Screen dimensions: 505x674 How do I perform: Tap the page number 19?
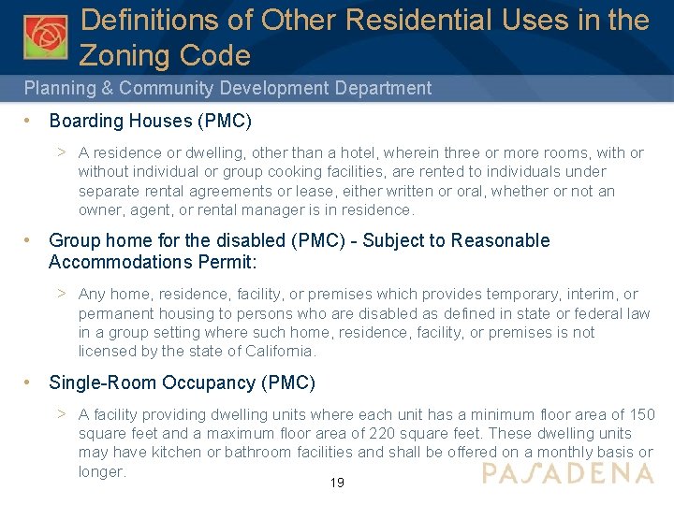[337, 483]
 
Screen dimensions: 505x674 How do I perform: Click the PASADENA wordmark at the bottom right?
[567, 473]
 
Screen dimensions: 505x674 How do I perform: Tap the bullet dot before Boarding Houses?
[30, 121]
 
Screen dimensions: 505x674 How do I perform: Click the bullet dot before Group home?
[30, 240]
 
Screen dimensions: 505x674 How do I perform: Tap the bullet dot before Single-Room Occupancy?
[30, 382]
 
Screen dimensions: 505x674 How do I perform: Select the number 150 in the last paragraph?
[641, 414]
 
